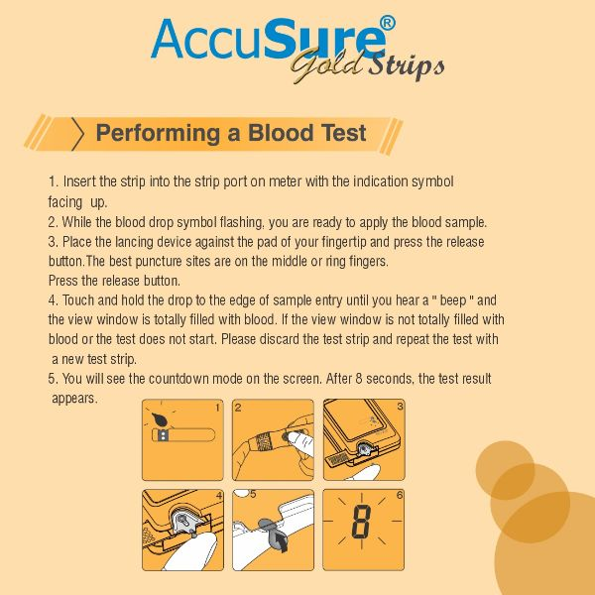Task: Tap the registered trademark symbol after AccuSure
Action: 389,21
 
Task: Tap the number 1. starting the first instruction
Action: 54,182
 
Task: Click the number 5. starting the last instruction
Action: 54,379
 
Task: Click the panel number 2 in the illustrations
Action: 238,408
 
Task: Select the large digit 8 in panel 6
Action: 362,520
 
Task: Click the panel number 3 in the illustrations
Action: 400,408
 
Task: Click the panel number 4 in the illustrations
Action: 218,494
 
